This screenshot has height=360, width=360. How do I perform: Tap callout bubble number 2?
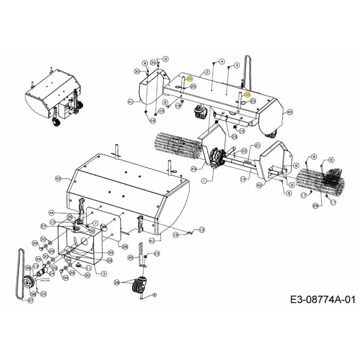[x=207, y=72]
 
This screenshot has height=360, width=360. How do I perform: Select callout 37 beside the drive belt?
[x=31, y=300]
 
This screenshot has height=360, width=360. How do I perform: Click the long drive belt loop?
[x=19, y=270]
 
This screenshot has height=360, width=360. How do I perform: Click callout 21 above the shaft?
[x=258, y=145]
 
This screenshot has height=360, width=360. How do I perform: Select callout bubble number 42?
[x=260, y=185]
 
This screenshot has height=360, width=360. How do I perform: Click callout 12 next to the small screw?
[x=202, y=229]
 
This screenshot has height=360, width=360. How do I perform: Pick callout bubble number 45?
[x=131, y=258]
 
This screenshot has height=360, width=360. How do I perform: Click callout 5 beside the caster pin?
[x=153, y=295]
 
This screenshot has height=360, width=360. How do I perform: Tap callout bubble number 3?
[x=104, y=274]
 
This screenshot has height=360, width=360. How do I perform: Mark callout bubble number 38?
[x=33, y=294]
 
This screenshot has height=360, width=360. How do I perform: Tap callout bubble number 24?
[x=52, y=273]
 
